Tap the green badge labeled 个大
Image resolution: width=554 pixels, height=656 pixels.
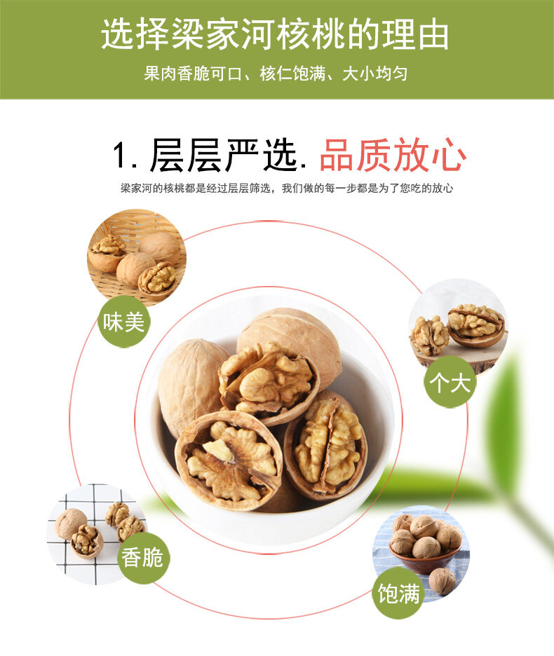(450, 381)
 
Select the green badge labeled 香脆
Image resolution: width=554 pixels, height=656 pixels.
(143, 558)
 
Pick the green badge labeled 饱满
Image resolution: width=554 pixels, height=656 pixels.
(398, 593)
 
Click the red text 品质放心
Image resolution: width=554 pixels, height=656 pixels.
(393, 156)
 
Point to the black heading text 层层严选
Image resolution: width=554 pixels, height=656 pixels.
(223, 156)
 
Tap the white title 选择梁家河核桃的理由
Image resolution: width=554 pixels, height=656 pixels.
(276, 34)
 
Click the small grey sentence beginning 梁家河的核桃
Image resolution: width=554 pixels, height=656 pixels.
(287, 189)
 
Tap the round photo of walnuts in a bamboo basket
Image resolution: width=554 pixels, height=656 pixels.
(137, 256)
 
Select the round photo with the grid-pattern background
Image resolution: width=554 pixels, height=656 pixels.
(97, 534)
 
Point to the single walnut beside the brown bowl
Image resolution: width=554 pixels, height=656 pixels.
(442, 581)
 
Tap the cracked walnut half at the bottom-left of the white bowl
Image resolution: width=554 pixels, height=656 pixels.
(228, 460)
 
